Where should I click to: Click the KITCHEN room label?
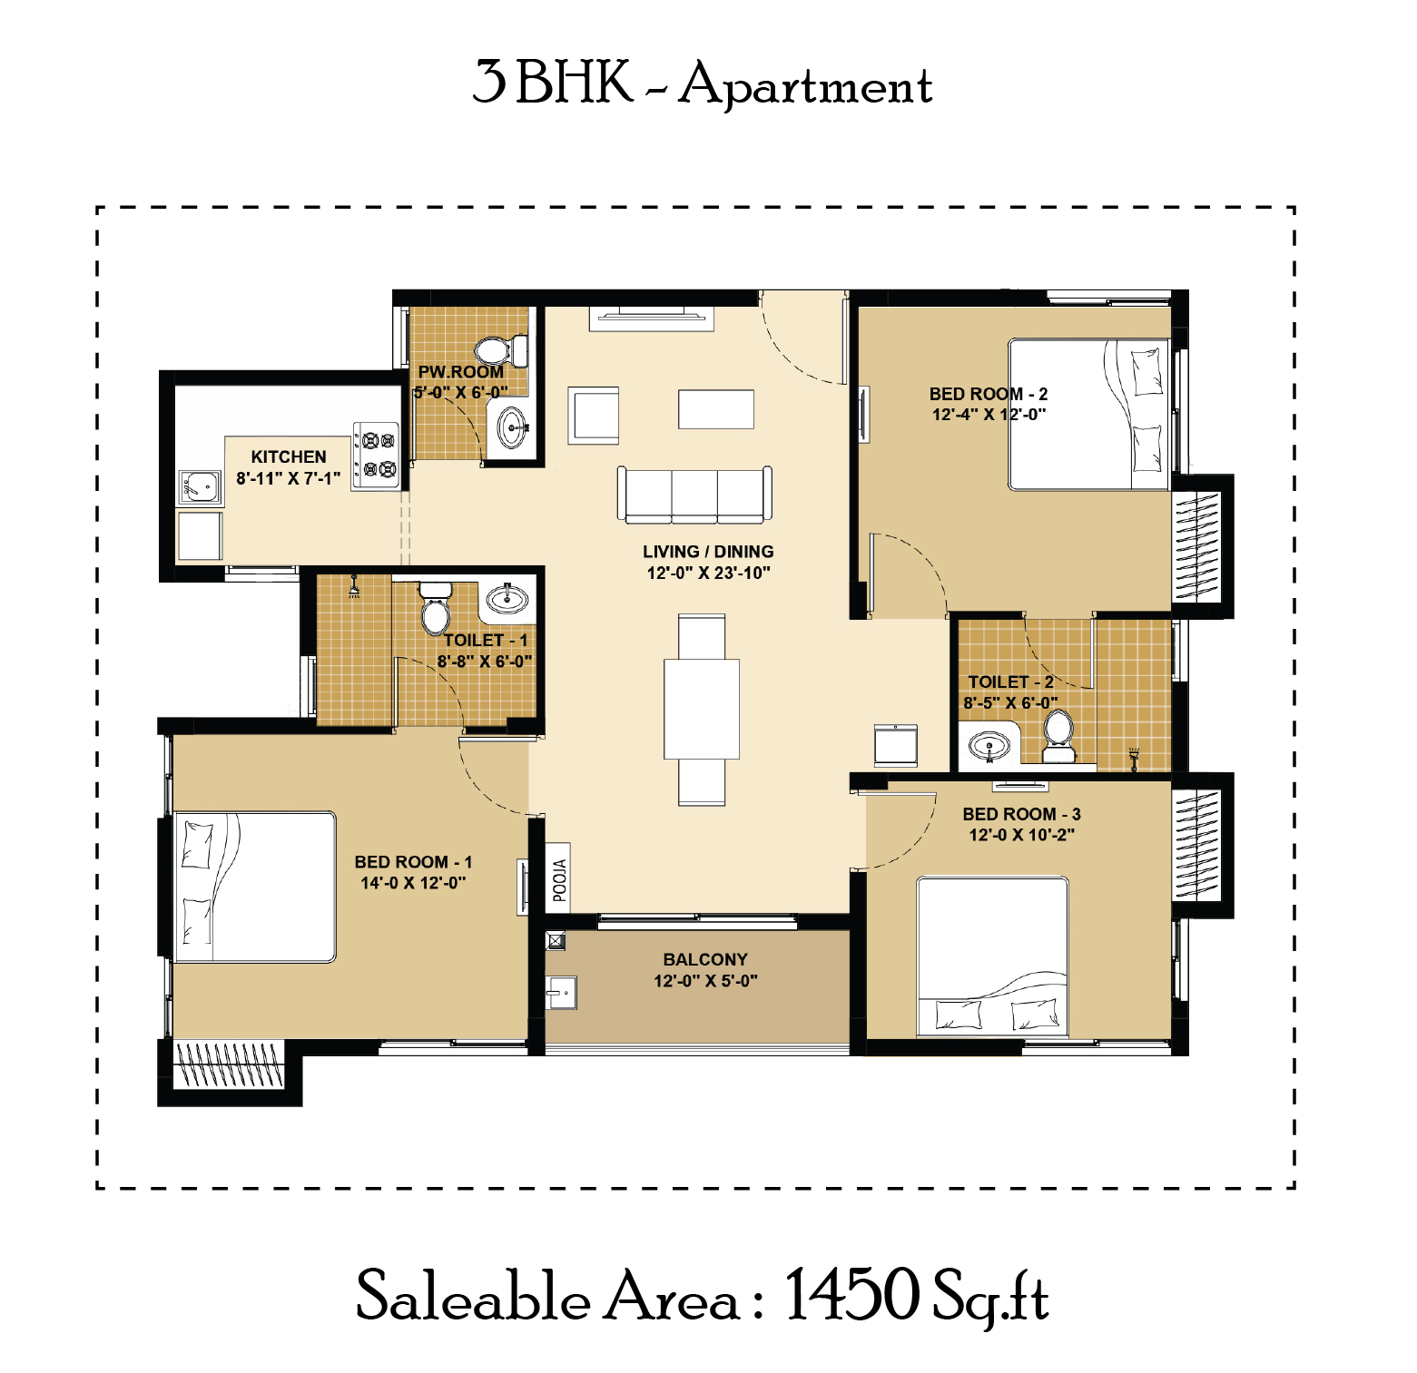click(x=289, y=457)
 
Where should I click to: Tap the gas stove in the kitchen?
click(x=376, y=456)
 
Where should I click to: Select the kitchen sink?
click(x=200, y=487)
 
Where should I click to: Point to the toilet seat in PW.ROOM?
click(x=501, y=350)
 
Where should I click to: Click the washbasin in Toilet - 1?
click(x=507, y=599)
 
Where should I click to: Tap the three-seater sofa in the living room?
click(x=694, y=495)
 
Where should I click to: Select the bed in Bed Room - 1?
click(x=255, y=887)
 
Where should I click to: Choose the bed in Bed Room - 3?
click(x=992, y=956)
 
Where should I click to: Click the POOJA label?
click(x=560, y=880)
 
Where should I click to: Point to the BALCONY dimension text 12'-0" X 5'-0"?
click(x=705, y=981)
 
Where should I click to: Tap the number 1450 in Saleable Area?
click(x=851, y=1295)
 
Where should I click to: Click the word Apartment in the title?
click(x=806, y=85)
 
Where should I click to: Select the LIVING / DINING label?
click(x=708, y=552)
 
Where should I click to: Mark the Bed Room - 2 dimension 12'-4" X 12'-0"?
click(x=989, y=415)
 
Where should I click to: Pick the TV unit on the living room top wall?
click(x=652, y=318)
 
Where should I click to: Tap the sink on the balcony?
click(x=561, y=993)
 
